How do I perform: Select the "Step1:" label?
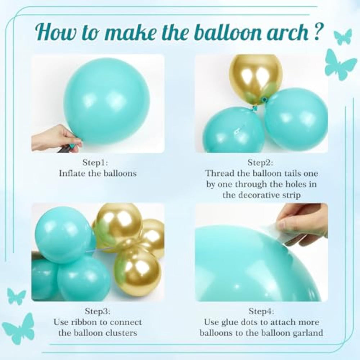point(95,163)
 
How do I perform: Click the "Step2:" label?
point(260,163)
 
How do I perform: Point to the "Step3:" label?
point(98,311)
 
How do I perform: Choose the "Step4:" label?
point(261,311)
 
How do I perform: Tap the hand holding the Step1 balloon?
point(57,138)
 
